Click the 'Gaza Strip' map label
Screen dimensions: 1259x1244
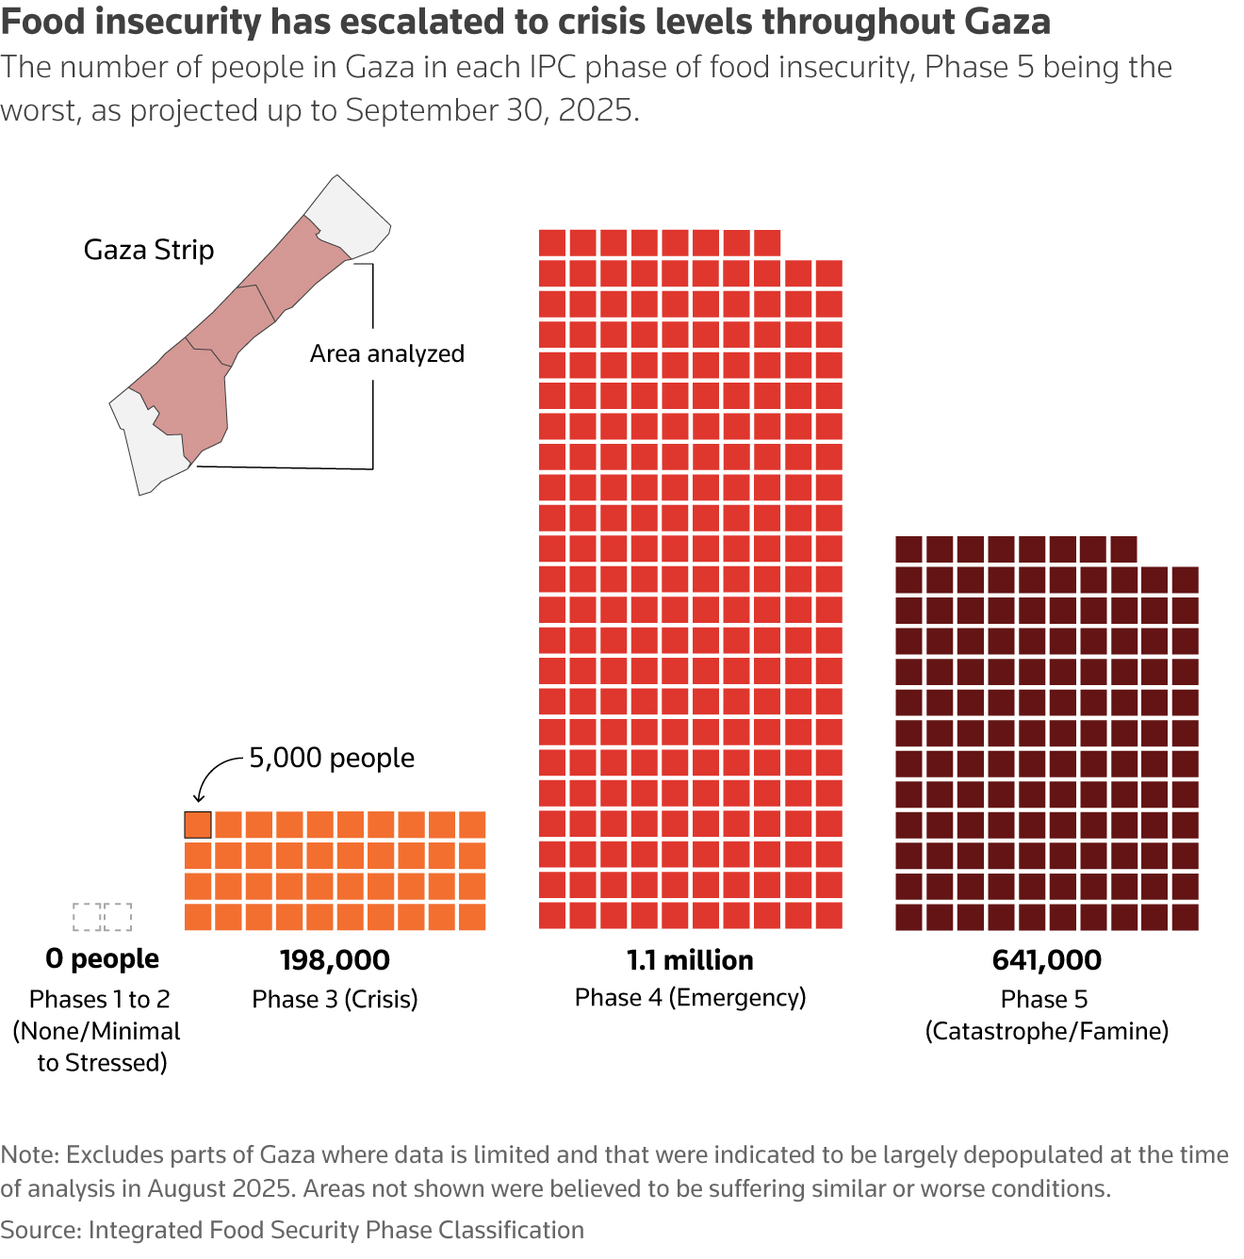(149, 250)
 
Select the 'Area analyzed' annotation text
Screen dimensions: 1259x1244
(387, 353)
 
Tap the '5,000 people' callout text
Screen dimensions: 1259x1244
(332, 758)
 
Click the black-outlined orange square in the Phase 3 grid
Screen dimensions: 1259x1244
(198, 825)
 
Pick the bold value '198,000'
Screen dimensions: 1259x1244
(335, 960)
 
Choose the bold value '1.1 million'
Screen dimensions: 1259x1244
(690, 960)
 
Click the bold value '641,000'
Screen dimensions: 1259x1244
(1046, 960)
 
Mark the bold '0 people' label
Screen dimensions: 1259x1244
(102, 958)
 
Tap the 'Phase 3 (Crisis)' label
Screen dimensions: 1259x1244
(335, 999)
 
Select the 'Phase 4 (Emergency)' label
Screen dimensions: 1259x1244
(690, 997)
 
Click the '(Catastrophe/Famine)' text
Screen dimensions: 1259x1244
(1046, 1031)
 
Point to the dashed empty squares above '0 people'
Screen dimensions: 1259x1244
(102, 916)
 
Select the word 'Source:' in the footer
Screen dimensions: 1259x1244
(41, 1230)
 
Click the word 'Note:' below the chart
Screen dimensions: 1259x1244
(30, 1154)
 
